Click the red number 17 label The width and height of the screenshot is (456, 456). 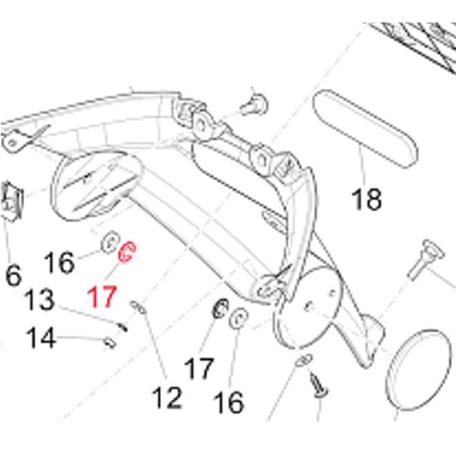pos(103,296)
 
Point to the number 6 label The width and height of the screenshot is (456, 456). pos(13,275)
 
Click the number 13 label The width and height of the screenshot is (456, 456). pos(39,299)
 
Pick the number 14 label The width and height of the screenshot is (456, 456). pos(43,337)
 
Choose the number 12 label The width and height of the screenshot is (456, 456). pos(166,396)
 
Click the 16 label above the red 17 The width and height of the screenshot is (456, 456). pos(59,263)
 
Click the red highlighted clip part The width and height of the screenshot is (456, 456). pos(127,251)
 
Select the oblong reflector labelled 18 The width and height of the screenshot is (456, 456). pos(364,128)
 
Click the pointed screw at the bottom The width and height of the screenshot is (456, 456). pos(318,385)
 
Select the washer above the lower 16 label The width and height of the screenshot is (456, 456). pos(238,318)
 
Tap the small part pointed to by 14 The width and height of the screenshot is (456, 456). pos(109,343)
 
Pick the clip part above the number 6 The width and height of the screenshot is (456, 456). pos(9,199)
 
